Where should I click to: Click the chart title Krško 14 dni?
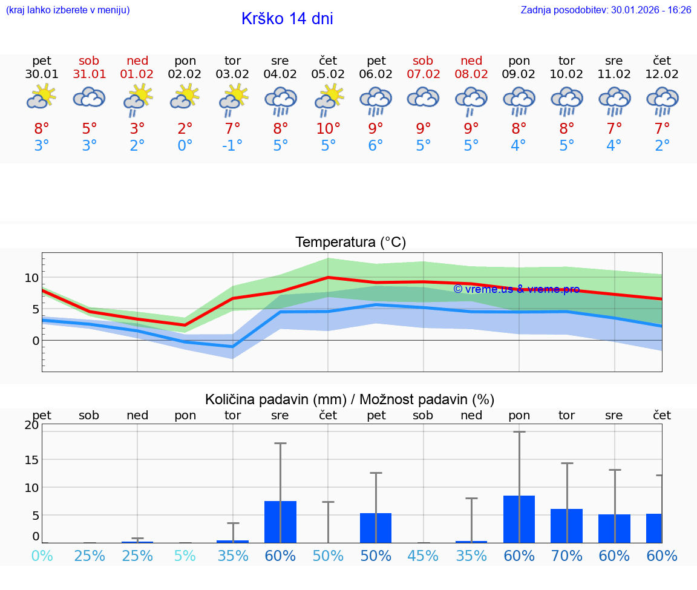click(287, 19)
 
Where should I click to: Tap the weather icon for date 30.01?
click(41, 97)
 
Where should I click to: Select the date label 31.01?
click(89, 74)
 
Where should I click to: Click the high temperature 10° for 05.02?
click(328, 129)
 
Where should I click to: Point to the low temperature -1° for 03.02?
click(232, 145)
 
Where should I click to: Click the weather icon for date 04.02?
click(280, 100)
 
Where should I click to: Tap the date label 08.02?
click(471, 74)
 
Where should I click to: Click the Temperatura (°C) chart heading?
click(350, 243)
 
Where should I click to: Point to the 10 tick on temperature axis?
click(31, 278)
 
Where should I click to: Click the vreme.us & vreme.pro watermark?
click(516, 289)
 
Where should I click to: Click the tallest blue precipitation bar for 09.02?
click(519, 519)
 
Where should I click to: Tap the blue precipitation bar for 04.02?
click(280, 522)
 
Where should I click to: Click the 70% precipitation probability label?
click(567, 556)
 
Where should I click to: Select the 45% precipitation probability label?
click(423, 556)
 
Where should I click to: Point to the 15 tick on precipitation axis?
click(31, 459)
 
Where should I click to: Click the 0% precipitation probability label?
click(42, 556)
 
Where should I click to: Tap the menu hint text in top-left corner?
click(68, 10)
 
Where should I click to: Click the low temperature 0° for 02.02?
click(185, 145)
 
